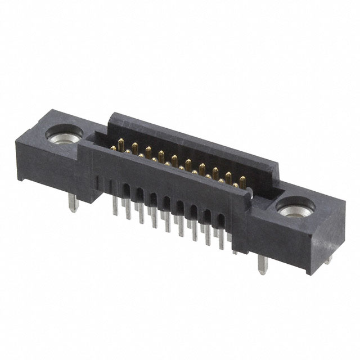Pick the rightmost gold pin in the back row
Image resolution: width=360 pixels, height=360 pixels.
click(x=242, y=181)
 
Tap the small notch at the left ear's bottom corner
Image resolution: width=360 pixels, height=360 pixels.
click(x=20, y=179)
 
